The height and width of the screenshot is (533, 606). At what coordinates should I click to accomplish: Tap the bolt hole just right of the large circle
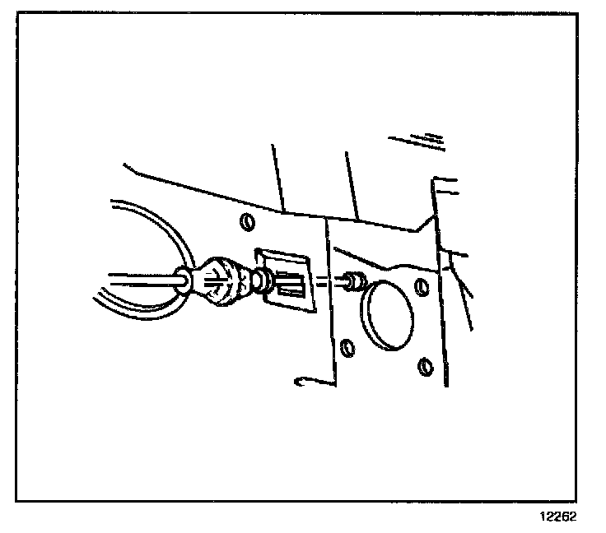click(x=422, y=287)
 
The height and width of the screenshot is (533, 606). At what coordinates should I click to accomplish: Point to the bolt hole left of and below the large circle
click(x=347, y=346)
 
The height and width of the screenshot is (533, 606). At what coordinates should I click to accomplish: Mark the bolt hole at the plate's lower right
click(x=426, y=365)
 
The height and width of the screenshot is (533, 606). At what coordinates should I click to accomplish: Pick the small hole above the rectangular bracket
click(x=245, y=223)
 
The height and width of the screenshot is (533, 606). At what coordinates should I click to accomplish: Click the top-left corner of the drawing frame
click(x=17, y=14)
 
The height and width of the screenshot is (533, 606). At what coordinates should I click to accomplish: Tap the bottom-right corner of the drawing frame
click(x=577, y=500)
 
